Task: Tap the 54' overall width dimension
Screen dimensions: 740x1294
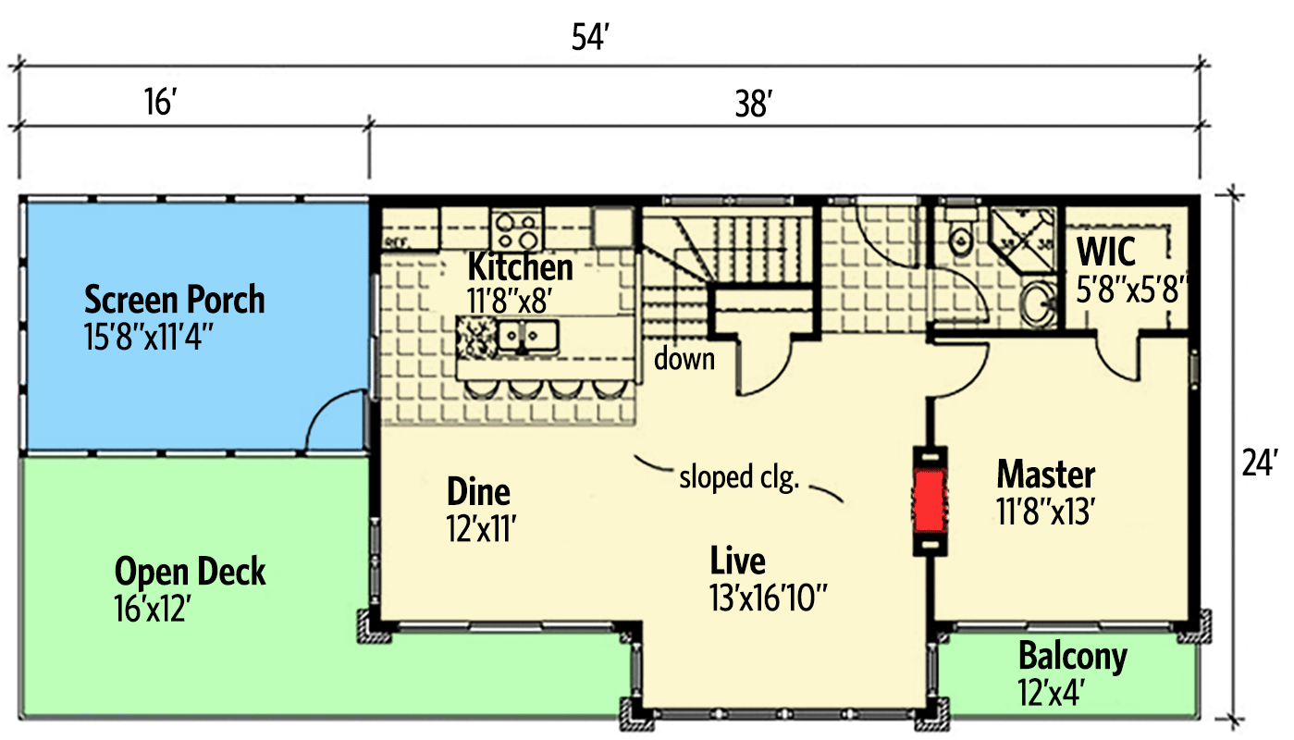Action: (592, 41)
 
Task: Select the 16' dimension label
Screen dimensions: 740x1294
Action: (159, 102)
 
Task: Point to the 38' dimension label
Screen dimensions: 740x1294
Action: (754, 105)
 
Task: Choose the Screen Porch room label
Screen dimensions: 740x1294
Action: (174, 300)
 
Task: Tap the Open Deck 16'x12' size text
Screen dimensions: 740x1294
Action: (152, 609)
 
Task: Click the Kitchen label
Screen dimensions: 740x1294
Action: (520, 267)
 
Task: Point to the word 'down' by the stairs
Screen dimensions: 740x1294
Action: (684, 359)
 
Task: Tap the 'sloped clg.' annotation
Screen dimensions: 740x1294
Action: (738, 477)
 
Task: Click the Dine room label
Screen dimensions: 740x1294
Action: (478, 491)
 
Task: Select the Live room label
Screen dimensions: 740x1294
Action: (737, 561)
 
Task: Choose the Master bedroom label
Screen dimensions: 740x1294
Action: (1045, 475)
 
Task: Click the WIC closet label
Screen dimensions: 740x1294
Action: (1106, 253)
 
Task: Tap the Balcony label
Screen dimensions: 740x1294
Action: (1073, 656)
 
